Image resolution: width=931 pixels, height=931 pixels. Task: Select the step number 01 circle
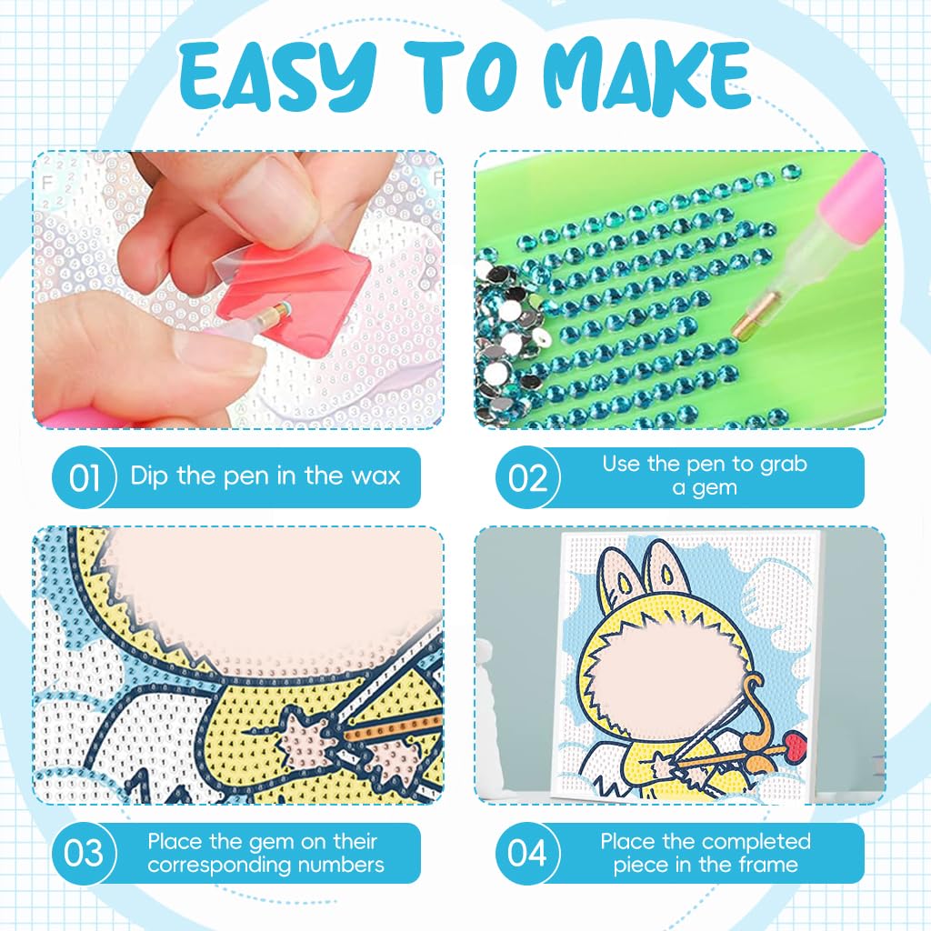(84, 477)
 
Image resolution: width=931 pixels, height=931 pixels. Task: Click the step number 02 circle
(527, 477)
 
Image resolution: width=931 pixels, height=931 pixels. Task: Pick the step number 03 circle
(84, 853)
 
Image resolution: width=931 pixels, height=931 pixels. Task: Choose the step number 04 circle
(527, 853)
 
